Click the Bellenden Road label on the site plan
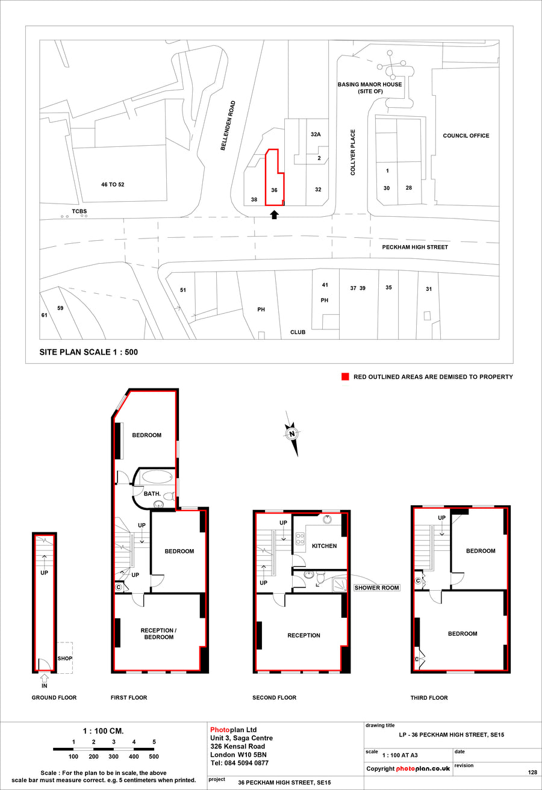228,126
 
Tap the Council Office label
466,135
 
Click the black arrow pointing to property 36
275,214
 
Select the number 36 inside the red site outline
275,190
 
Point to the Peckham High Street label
415,247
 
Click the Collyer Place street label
353,152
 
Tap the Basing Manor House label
370,88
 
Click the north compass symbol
292,434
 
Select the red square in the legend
345,377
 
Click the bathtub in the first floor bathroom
158,476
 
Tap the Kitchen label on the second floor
324,546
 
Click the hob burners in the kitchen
300,538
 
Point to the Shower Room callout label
376,588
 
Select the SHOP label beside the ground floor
64,659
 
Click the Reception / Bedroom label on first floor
159,634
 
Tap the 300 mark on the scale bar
114,756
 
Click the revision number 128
532,772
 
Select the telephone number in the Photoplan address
240,763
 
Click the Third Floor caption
429,698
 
